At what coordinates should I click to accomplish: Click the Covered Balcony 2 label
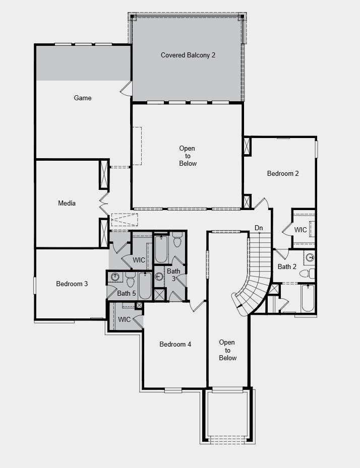pos(188,55)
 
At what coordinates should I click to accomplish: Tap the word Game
pos(83,98)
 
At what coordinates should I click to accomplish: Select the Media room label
pos(67,203)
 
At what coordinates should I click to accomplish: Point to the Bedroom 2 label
pos(283,173)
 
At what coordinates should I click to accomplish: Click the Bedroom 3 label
pos(72,284)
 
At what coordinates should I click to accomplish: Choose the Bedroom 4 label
pos(175,344)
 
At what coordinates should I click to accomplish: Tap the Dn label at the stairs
pos(259,228)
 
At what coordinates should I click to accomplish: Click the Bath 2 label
pos(287,266)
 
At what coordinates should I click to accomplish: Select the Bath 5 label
pos(127,293)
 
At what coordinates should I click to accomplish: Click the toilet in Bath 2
pos(305,274)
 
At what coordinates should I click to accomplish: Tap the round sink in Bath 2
pos(310,257)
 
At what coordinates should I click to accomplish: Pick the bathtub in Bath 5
pos(145,286)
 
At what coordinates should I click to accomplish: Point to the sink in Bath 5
pos(115,277)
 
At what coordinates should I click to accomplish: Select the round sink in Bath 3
pos(159,277)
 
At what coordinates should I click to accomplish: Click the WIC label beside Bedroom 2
pos(301,230)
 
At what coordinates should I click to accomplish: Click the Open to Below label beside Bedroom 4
pos(227,350)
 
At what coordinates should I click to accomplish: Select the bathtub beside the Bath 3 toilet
pos(161,248)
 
